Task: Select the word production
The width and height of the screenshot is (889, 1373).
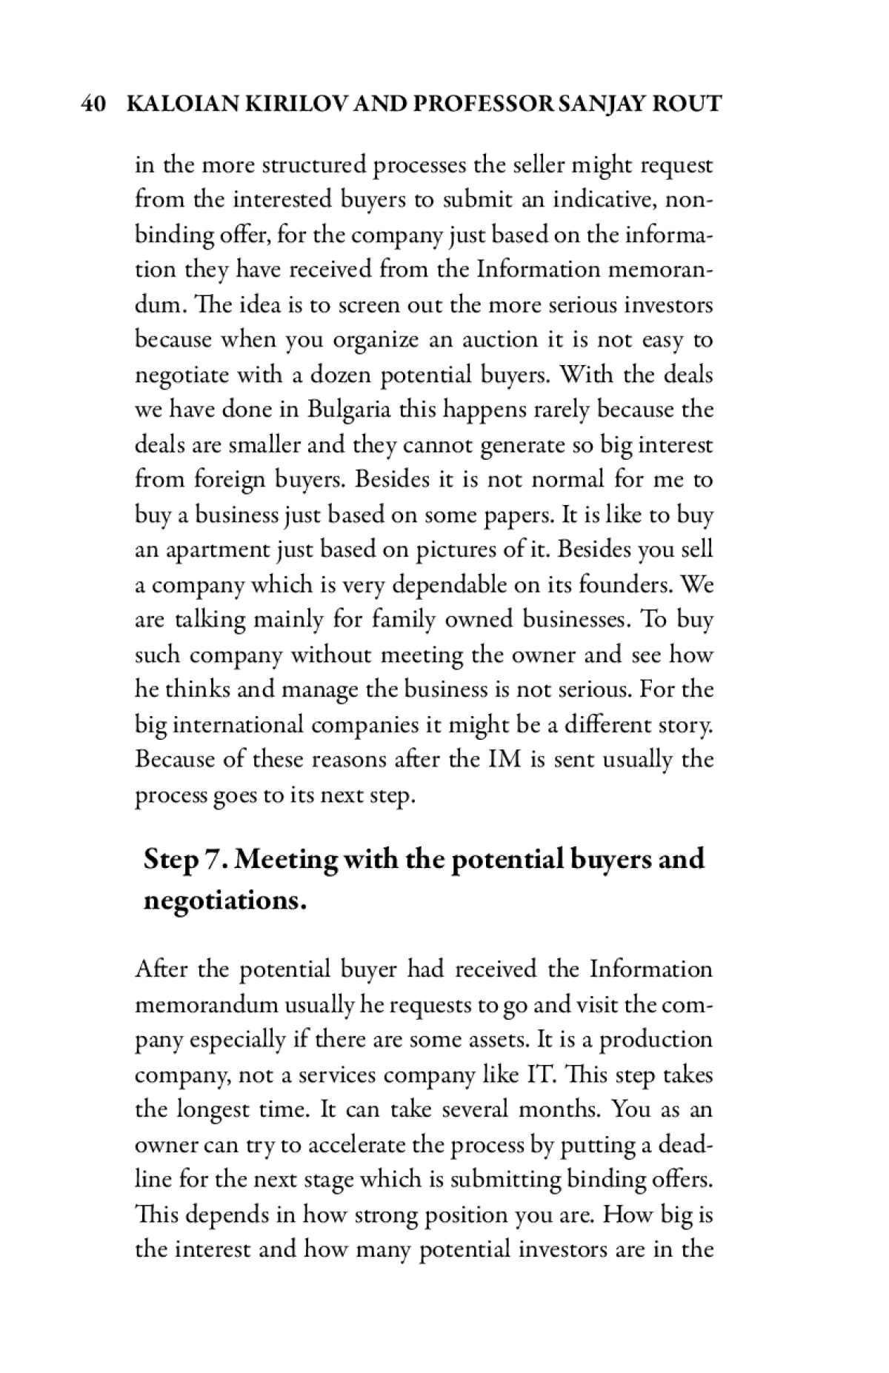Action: [656, 1040]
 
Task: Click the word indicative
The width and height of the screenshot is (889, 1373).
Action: [590, 200]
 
